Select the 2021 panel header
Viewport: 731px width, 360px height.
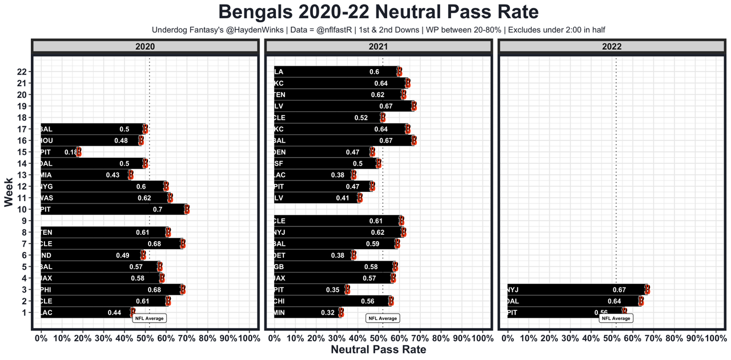point(378,47)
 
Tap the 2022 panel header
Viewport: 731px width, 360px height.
point(612,47)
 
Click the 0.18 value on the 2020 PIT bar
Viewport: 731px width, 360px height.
point(71,152)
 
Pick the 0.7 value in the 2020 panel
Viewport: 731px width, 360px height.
point(158,210)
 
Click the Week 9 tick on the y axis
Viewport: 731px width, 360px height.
point(23,221)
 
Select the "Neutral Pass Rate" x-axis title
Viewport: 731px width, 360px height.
point(378,350)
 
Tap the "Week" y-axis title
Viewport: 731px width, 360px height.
point(9,192)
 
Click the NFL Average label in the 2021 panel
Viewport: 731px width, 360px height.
point(383,318)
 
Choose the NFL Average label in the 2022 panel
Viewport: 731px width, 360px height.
point(616,318)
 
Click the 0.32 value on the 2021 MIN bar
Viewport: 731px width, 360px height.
point(328,313)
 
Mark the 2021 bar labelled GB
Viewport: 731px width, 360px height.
point(334,267)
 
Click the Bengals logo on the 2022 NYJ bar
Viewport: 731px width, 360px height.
point(647,290)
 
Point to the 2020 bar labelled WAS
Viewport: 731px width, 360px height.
point(105,198)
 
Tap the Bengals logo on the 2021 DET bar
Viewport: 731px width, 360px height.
point(354,255)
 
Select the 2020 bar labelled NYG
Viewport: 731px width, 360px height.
point(103,187)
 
